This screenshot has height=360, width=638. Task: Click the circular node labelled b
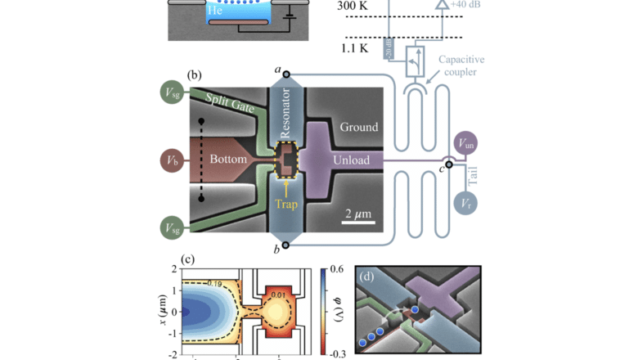click(x=285, y=244)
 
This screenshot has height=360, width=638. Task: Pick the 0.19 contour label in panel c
click(x=191, y=284)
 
